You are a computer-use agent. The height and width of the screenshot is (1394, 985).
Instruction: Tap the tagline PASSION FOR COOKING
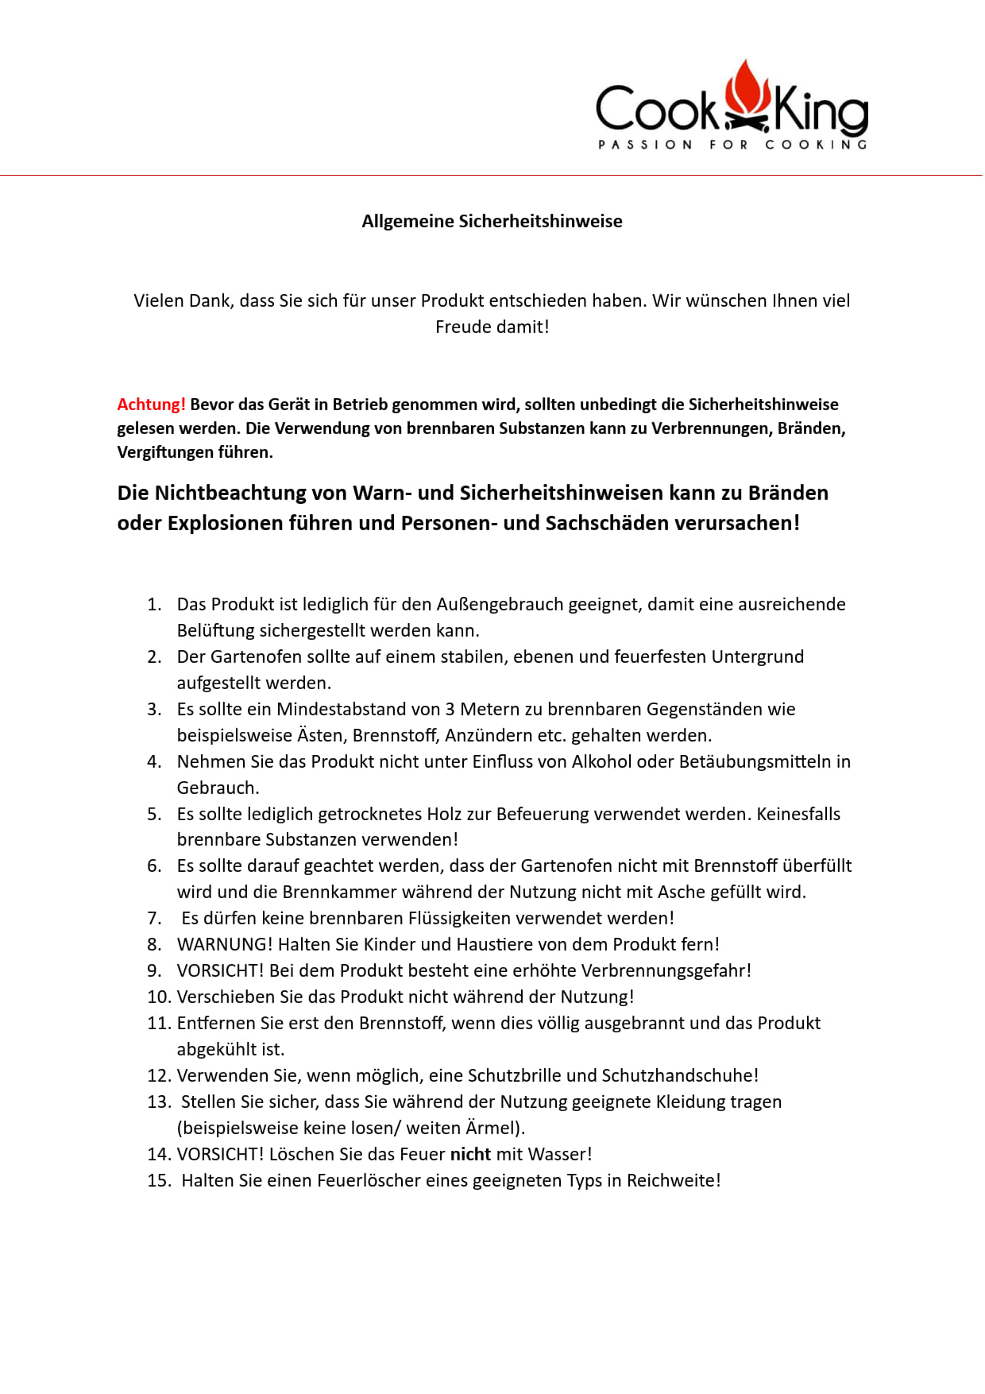coord(732,145)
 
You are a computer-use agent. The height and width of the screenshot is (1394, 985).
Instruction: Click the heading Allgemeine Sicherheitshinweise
coord(492,221)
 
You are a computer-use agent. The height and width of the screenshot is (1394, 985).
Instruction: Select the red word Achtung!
coord(151,404)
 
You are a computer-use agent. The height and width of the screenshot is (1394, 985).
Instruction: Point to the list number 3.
coord(154,709)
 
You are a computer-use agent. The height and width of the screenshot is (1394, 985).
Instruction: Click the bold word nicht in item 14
coord(470,1154)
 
